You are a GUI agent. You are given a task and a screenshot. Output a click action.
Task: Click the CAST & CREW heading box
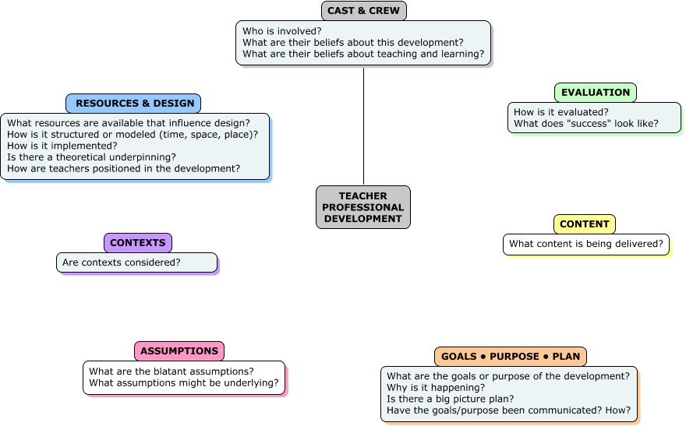[x=363, y=11]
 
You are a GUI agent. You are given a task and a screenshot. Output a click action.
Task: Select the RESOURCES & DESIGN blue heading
[x=133, y=104]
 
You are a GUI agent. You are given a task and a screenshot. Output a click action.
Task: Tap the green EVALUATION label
[x=596, y=93]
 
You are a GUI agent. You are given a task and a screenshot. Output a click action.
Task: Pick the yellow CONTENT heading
[x=585, y=224]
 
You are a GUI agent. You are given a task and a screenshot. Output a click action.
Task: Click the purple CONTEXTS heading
[x=138, y=243]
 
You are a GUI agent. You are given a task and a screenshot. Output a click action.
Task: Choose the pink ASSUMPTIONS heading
[x=179, y=351]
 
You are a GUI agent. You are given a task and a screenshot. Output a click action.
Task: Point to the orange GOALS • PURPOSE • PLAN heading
[x=511, y=357]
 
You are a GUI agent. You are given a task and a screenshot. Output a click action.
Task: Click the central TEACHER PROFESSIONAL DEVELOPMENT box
[x=363, y=207]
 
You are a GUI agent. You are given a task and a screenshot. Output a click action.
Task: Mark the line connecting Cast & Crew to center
[x=363, y=126]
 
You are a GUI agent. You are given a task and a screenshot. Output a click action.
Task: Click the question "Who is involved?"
[x=281, y=31]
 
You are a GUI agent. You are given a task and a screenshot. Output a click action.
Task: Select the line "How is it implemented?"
[x=62, y=146]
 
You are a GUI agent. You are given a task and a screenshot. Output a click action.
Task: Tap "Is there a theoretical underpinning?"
[x=91, y=157]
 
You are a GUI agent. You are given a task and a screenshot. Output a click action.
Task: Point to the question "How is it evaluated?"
[x=560, y=112]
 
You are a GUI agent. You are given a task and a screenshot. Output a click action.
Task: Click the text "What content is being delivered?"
[x=586, y=244]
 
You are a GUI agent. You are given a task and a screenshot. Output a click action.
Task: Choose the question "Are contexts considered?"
[x=121, y=262]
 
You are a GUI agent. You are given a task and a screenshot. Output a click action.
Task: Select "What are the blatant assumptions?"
[x=171, y=371]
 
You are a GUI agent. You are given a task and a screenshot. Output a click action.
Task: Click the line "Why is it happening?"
[x=436, y=388]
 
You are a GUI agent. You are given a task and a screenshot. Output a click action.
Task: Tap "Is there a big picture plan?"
[x=451, y=399]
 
